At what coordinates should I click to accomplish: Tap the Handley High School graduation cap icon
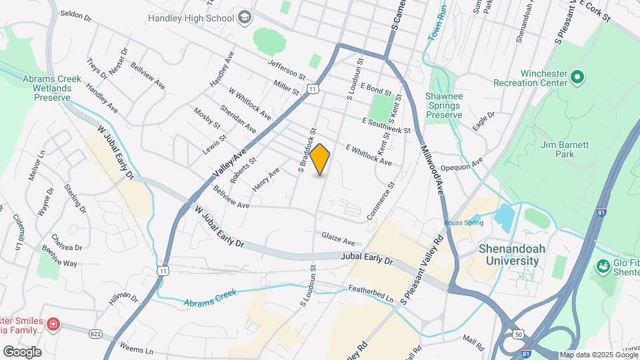[245, 16]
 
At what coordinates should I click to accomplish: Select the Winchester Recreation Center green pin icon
[577, 77]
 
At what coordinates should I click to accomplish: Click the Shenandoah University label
[509, 255]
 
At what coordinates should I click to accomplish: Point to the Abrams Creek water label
[211, 297]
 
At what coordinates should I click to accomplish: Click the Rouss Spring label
[464, 223]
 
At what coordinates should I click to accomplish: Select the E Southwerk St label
[386, 126]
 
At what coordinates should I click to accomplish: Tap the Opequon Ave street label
[467, 163]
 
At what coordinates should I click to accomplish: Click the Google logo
[22, 351]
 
